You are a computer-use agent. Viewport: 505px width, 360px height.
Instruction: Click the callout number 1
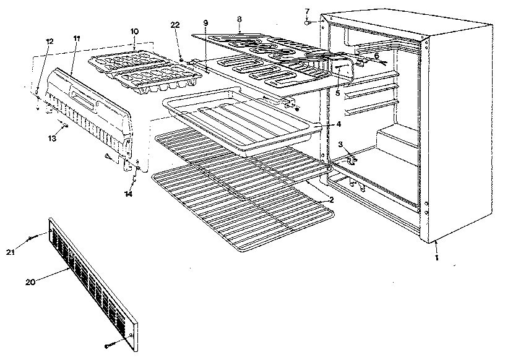tap(436, 258)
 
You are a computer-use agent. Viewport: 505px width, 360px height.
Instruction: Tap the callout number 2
tap(331, 199)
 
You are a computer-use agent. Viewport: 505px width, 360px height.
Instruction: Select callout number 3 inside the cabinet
tap(340, 145)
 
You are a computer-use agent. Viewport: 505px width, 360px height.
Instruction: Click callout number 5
tap(337, 92)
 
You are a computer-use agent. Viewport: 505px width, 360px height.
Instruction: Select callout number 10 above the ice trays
tap(134, 30)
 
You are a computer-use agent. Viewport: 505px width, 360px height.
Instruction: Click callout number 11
tap(77, 38)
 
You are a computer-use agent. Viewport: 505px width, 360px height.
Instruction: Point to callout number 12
tap(50, 41)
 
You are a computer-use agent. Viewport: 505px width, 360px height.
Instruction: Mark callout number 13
tap(52, 139)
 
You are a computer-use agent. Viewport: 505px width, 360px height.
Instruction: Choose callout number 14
tap(128, 194)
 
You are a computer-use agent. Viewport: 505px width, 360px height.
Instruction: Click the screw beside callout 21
tap(32, 238)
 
